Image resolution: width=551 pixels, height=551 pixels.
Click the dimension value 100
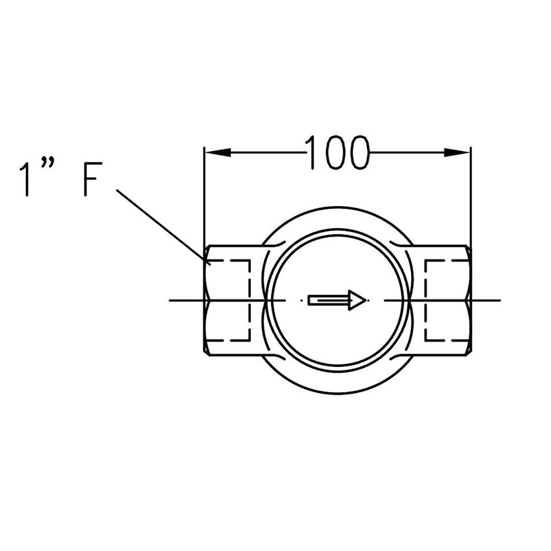click(337, 153)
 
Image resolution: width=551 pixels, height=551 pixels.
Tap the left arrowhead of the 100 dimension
click(218, 153)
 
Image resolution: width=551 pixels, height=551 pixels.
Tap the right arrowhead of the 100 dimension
click(457, 153)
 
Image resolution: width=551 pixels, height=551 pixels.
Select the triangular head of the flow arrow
click(357, 300)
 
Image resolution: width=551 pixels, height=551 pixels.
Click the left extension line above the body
click(204, 194)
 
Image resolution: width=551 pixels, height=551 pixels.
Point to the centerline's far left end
click(170, 300)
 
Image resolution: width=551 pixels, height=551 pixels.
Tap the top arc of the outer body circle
click(337, 207)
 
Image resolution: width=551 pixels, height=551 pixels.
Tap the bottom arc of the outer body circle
click(337, 393)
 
